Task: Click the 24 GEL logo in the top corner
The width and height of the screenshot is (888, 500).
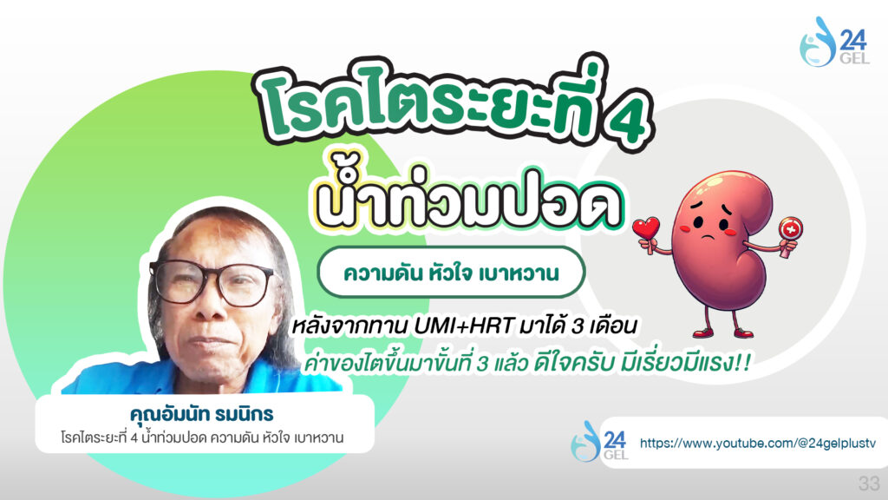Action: pyautogui.click(x=833, y=42)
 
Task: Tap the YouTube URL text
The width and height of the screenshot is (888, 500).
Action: pyautogui.click(x=757, y=443)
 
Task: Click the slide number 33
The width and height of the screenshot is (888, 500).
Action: pyautogui.click(x=869, y=483)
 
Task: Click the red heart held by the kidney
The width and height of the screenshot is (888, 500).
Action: pyautogui.click(x=646, y=228)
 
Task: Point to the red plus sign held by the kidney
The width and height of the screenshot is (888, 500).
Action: pyautogui.click(x=790, y=229)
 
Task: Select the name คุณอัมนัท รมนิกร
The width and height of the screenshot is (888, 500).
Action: pyautogui.click(x=201, y=414)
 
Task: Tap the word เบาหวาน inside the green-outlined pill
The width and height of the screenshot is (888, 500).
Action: pyautogui.click(x=519, y=273)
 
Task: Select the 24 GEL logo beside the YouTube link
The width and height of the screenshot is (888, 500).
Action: pyautogui.click(x=599, y=442)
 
